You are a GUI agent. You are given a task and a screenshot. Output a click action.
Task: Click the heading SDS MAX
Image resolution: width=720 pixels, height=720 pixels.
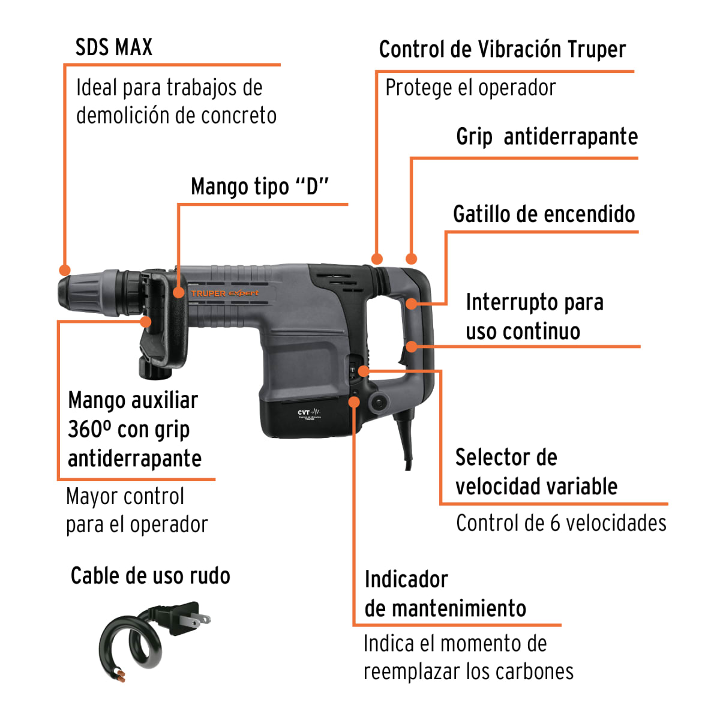coord(114,47)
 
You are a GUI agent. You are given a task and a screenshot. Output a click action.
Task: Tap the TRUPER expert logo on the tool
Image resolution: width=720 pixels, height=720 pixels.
coord(225,293)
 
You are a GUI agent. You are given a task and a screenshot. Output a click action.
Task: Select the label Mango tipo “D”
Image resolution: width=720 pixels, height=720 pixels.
coord(260,187)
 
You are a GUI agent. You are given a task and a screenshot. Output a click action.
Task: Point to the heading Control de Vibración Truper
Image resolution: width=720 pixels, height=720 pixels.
coord(502,50)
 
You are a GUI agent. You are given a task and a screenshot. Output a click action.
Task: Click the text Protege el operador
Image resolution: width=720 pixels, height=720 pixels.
coord(470,88)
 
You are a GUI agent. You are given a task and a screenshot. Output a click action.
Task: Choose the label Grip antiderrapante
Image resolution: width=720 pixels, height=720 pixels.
coord(547,137)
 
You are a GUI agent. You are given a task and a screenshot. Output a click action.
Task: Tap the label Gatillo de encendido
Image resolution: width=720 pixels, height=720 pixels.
coord(544,214)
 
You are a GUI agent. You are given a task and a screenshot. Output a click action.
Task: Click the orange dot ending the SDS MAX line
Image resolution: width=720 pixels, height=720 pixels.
coord(65,271)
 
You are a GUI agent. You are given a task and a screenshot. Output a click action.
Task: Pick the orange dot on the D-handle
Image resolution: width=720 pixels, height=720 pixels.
coord(178,293)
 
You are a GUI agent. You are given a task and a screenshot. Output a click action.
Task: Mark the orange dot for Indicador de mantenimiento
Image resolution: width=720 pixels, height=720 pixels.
coord(355,401)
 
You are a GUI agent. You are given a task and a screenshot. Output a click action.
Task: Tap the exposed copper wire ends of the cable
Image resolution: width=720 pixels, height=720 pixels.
coord(122,676)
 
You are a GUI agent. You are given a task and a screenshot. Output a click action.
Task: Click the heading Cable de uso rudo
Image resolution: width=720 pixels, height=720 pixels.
coord(150,576)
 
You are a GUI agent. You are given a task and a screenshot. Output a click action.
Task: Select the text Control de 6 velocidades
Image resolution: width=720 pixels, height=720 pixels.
coord(561,523)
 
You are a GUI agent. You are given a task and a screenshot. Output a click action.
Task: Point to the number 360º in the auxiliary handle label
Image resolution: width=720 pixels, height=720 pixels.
coord(89,430)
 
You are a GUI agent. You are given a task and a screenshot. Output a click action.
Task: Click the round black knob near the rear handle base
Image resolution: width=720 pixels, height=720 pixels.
coord(379,403)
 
